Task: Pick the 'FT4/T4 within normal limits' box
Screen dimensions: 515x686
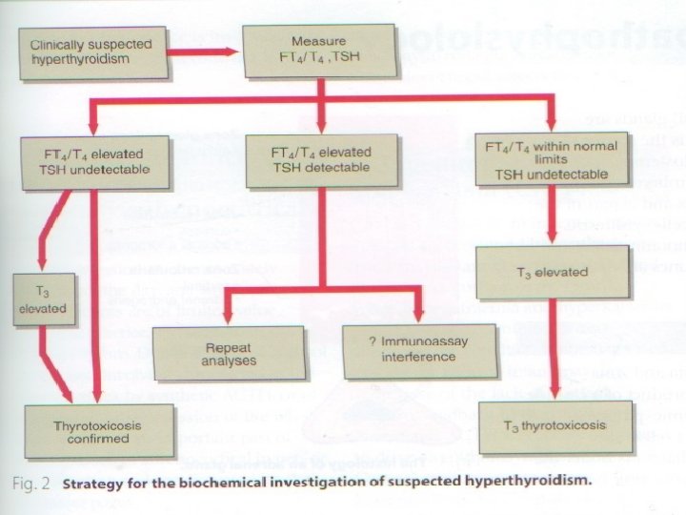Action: coord(552,160)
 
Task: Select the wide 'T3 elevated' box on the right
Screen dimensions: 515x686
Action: coord(552,272)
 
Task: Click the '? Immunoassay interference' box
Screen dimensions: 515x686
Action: coord(419,350)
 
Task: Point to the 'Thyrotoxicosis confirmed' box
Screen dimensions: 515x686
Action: coord(100,431)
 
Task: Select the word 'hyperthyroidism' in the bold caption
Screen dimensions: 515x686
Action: coord(534,482)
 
